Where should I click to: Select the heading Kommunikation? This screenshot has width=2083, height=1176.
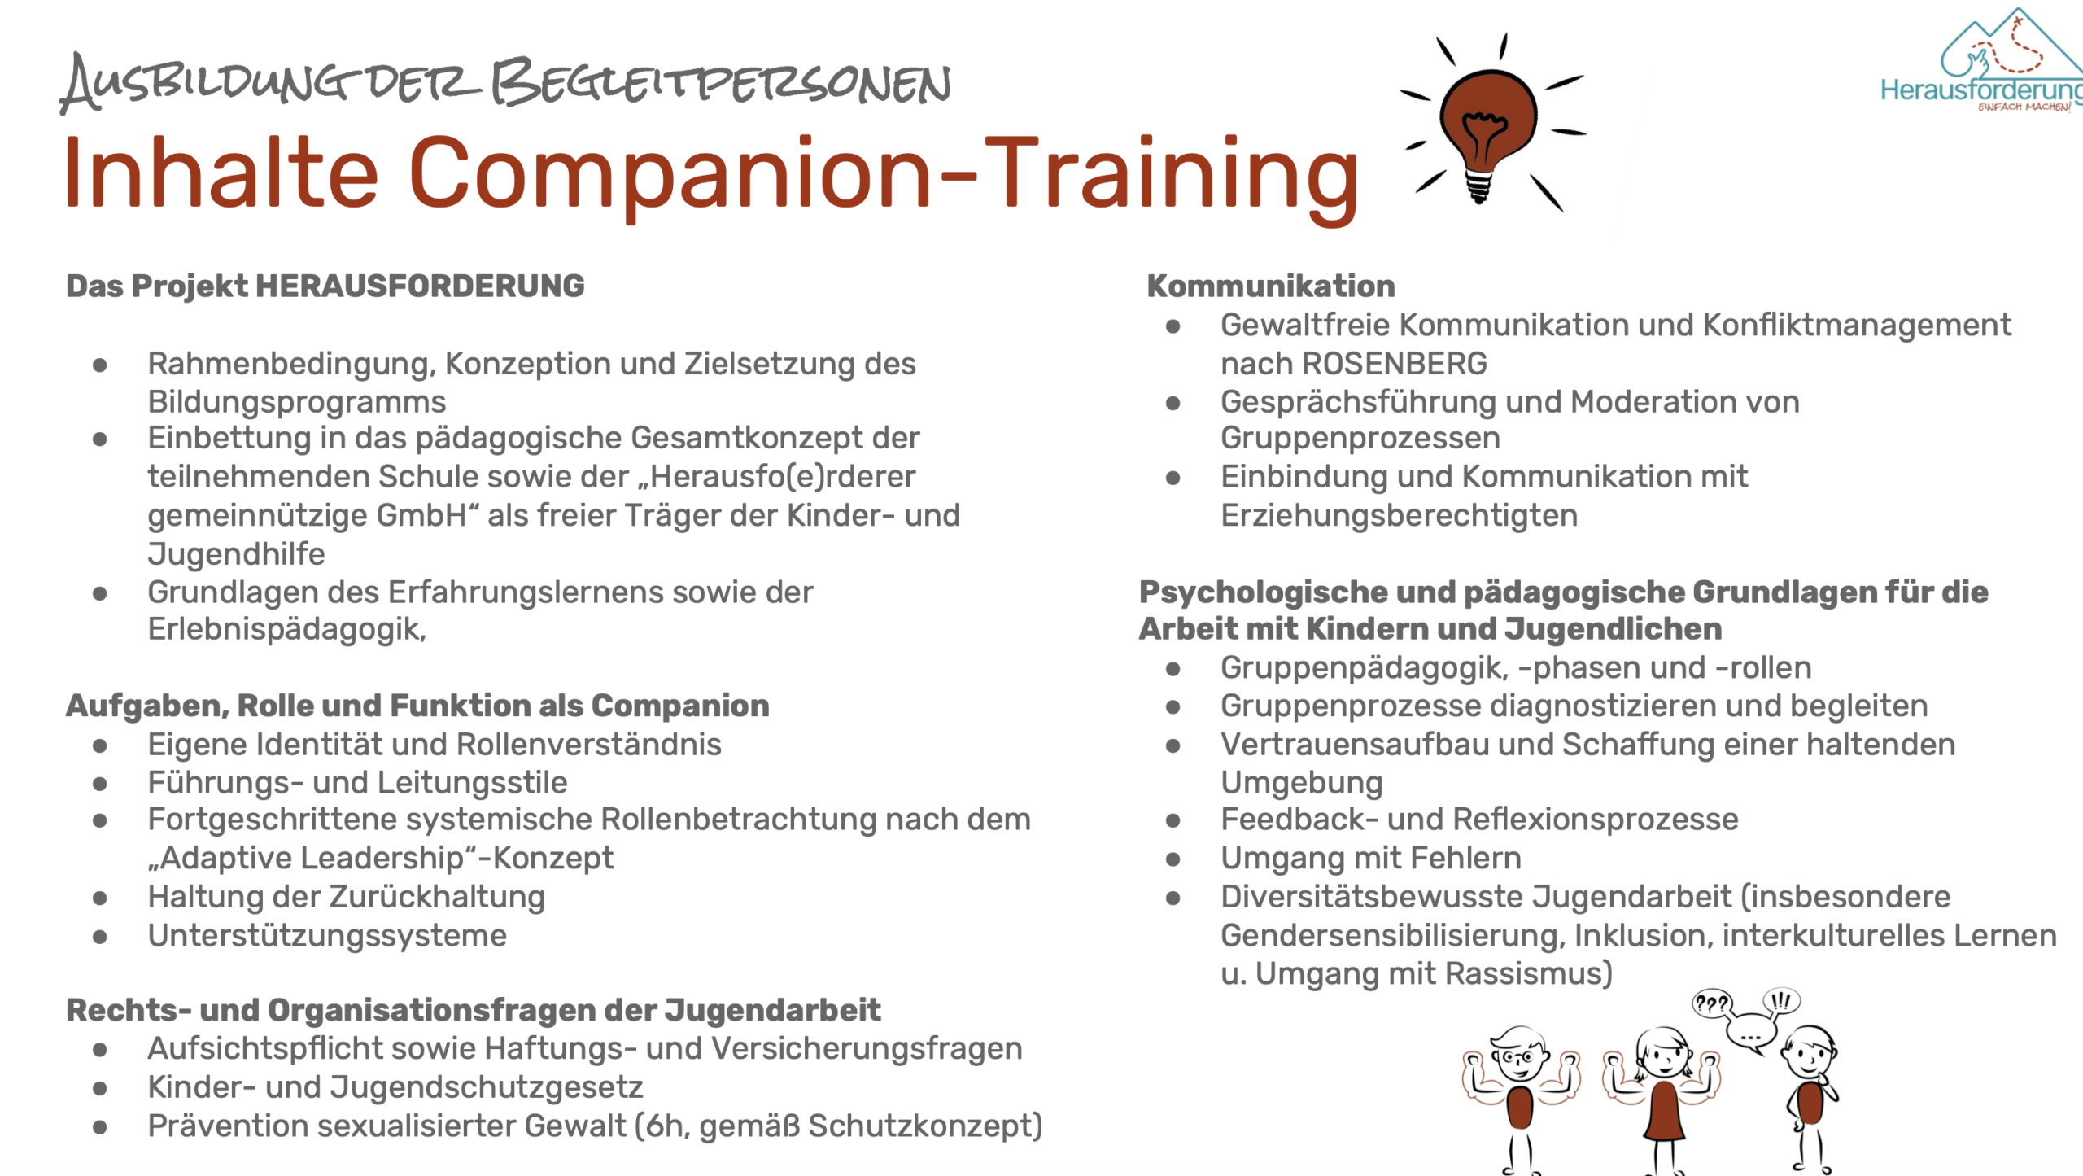[x=1271, y=286]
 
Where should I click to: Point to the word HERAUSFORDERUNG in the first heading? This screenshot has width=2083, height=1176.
[x=420, y=286]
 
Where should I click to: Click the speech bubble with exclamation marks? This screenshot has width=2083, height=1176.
[x=1781, y=1001]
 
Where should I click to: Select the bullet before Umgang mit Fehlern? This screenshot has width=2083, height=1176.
[x=1173, y=859]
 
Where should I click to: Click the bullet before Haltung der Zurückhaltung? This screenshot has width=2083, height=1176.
[x=100, y=898]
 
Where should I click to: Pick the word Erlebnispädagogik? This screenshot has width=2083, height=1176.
[x=286, y=630]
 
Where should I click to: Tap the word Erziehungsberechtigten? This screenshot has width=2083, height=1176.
[x=1399, y=516]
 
